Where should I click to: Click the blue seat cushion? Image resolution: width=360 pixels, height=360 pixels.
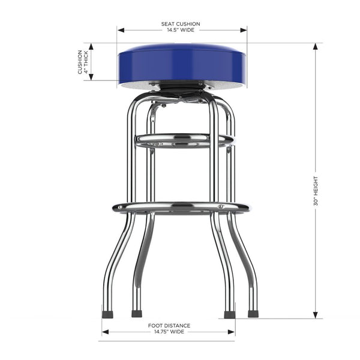point(182,62)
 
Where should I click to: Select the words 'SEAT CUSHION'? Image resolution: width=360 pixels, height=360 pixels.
point(181,24)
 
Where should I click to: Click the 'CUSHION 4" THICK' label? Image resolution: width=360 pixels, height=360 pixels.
point(83,62)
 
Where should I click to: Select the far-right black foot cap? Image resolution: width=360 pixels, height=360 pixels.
point(253,313)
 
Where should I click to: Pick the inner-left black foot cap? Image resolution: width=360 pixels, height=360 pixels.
point(137,313)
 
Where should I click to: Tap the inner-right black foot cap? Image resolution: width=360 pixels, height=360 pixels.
point(229,314)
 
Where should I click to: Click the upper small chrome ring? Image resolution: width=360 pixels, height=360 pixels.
point(183,141)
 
